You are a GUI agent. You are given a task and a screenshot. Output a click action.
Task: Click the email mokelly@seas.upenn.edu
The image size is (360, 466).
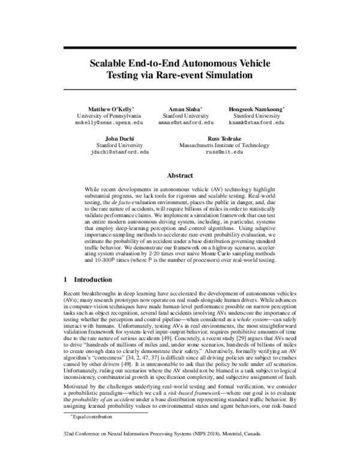109,122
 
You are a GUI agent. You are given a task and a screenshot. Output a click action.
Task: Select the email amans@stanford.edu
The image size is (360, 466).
186,122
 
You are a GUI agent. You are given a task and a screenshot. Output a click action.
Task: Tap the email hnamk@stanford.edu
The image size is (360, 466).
257,122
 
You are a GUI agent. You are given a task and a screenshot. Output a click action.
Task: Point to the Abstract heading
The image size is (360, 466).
180,175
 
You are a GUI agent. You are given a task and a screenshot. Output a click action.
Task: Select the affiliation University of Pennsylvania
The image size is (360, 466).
109,114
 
